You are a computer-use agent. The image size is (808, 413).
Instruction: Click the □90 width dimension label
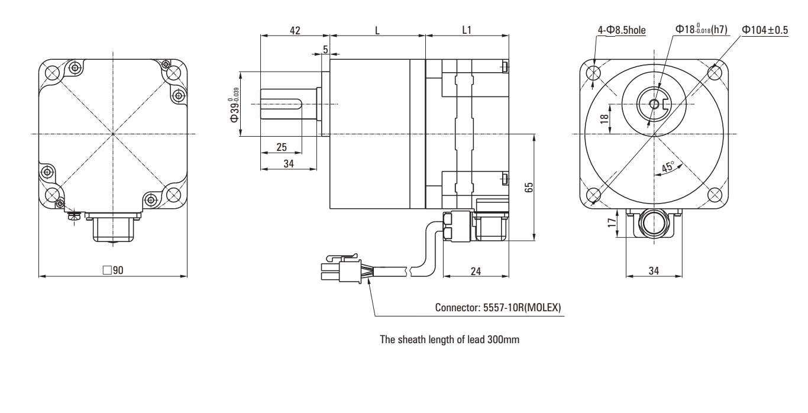[112, 270]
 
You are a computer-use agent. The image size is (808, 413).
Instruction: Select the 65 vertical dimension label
[529, 187]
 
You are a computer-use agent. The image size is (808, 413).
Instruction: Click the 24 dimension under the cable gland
[476, 270]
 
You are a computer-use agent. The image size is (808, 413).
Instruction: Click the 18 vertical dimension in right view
[604, 118]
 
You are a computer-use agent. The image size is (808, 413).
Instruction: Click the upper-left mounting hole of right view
[594, 72]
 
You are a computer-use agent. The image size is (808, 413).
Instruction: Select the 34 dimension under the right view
[654, 270]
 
